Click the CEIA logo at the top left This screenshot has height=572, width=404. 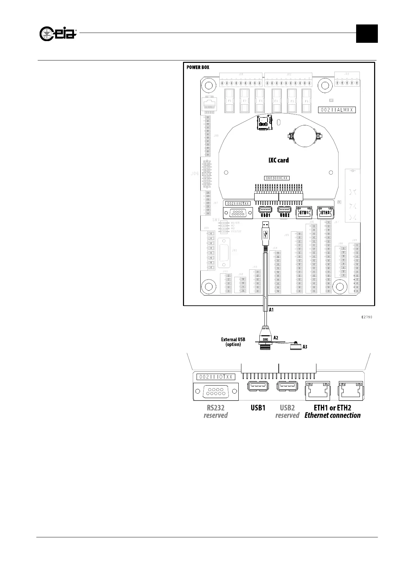[x=58, y=33]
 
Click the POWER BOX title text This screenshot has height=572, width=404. [x=198, y=67]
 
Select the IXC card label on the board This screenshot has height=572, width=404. [x=278, y=160]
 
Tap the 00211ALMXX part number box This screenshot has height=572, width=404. [x=337, y=110]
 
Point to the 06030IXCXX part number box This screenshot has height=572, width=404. [x=277, y=178]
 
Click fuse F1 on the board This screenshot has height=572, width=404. [x=230, y=101]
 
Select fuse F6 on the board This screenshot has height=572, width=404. [x=307, y=101]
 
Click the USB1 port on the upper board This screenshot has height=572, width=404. [x=265, y=211]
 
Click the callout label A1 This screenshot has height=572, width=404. [x=271, y=310]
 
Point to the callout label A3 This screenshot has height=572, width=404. [x=305, y=347]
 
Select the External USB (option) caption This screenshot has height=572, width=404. [x=233, y=342]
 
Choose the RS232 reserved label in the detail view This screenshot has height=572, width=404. [x=216, y=411]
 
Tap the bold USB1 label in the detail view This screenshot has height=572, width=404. [x=258, y=408]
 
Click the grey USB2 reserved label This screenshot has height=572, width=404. [x=287, y=411]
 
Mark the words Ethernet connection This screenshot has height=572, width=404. [x=332, y=415]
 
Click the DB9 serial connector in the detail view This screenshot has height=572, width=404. [x=216, y=392]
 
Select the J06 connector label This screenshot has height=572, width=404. [x=195, y=174]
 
